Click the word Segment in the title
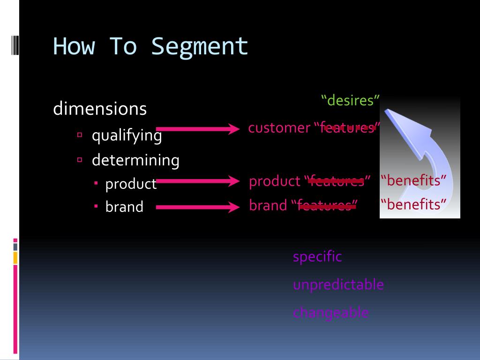[x=200, y=46]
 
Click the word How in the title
[x=74, y=46]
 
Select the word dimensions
[x=100, y=109]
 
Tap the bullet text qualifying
[x=127, y=135]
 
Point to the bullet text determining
[x=135, y=160]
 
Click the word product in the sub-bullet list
[x=131, y=184]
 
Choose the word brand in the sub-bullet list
[x=124, y=207]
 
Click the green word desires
[x=350, y=100]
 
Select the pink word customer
[x=279, y=127]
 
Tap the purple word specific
[x=317, y=257]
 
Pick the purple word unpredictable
[x=338, y=285]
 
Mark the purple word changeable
[x=330, y=313]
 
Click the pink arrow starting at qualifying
[x=197, y=128]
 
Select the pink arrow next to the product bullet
[x=197, y=181]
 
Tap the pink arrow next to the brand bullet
[x=197, y=206]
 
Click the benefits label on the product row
[x=413, y=180]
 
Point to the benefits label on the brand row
[x=413, y=205]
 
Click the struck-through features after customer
[x=347, y=127]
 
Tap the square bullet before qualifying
[x=80, y=135]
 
